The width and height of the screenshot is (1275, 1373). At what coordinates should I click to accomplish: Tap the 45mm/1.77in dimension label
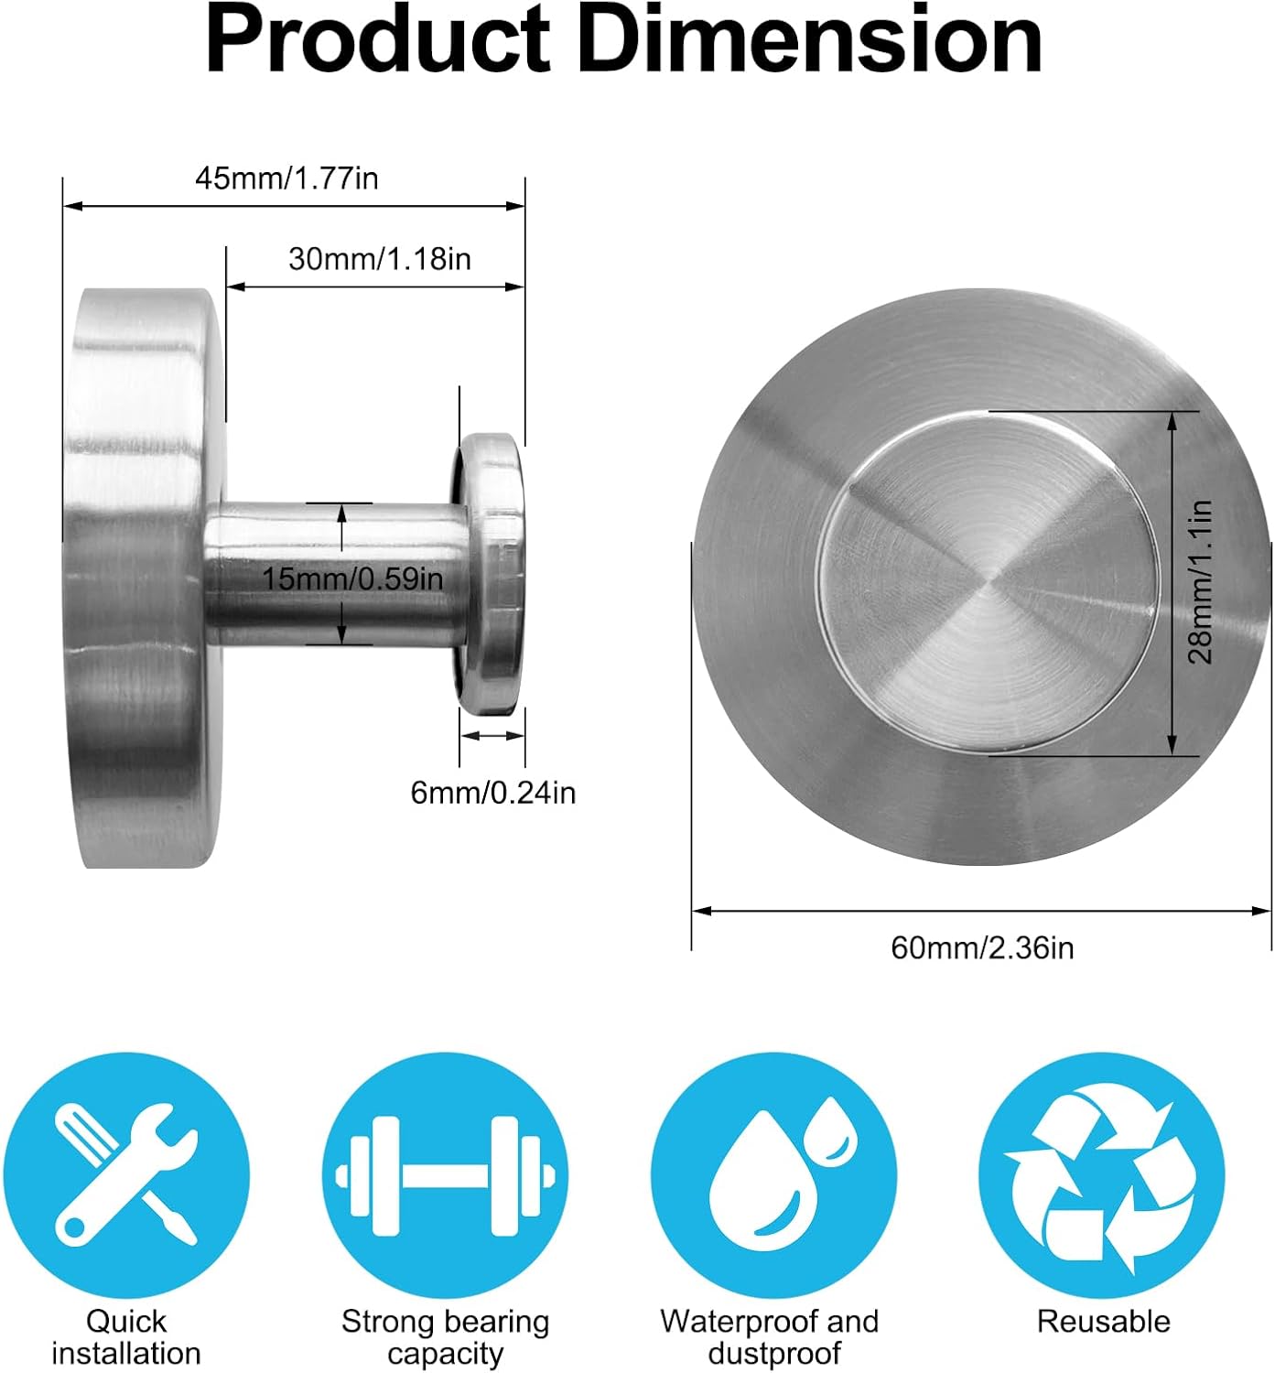click(x=286, y=178)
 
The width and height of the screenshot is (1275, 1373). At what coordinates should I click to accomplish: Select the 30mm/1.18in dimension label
click(x=380, y=259)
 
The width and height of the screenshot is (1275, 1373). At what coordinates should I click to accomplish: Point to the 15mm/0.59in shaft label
click(x=352, y=578)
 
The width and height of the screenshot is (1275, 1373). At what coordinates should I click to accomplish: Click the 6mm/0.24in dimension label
click(x=492, y=792)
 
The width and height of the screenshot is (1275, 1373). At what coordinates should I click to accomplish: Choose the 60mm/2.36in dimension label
click(x=982, y=947)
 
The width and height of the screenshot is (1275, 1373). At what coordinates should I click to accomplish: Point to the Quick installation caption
click(x=126, y=1337)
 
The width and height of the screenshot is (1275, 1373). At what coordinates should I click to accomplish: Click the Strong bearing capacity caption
click(x=445, y=1337)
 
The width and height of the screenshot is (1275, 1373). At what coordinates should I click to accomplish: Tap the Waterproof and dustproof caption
click(x=769, y=1337)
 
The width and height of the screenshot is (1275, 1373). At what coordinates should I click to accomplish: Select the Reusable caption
click(x=1103, y=1322)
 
